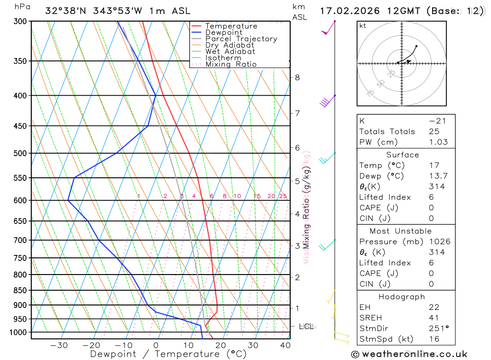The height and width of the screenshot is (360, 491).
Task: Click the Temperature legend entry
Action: pos(231,26)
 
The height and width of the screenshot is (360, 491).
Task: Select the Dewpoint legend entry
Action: pos(223,32)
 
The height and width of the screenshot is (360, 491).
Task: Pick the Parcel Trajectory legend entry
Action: pos(241,39)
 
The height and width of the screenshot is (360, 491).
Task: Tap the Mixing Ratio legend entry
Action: pos(231,64)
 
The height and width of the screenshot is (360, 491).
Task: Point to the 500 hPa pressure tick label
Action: pos(20,153)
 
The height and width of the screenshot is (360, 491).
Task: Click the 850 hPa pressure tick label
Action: pos(20,290)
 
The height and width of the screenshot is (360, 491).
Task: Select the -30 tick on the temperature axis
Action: pos(59,345)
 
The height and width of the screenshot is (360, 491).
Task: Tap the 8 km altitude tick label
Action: pos(298,77)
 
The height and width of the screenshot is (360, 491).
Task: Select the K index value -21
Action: pos(434,121)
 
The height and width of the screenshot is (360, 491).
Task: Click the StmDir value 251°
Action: pos(438,329)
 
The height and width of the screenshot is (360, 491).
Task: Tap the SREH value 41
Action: pos(434,318)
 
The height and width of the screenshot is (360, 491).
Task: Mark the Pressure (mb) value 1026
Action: pos(439,242)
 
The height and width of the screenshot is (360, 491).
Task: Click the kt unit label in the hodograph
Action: pos(363,26)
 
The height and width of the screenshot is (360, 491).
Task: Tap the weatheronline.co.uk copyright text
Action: pos(409,354)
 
